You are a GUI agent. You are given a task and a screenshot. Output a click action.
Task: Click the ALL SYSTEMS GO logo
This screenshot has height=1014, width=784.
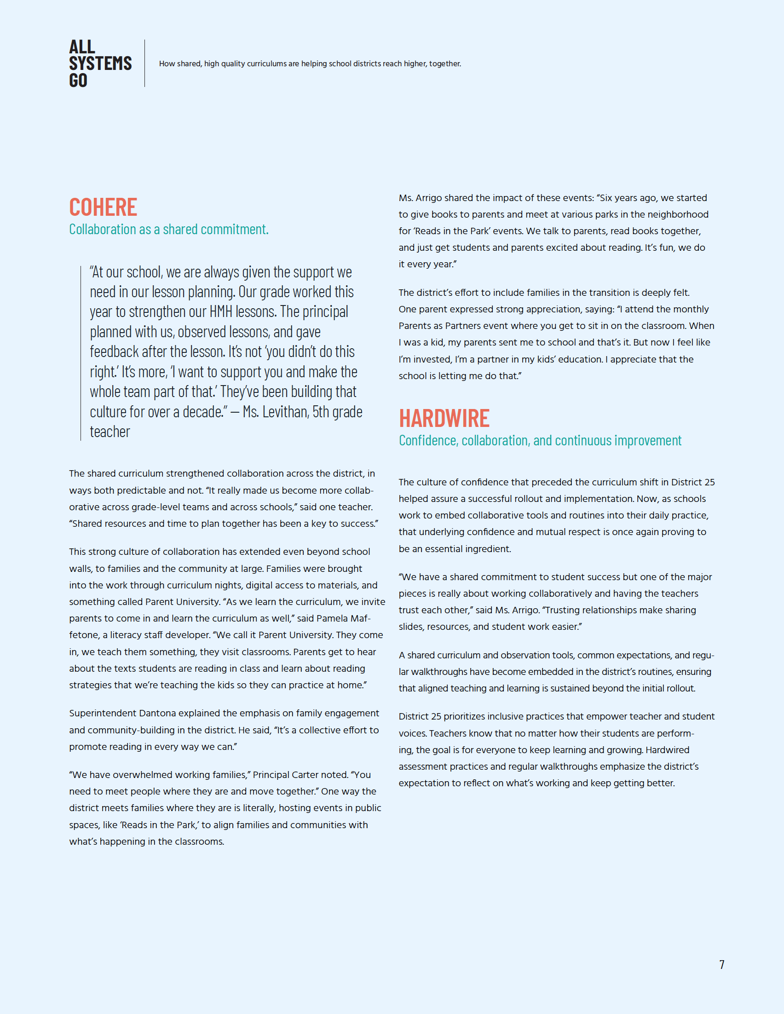tap(100, 63)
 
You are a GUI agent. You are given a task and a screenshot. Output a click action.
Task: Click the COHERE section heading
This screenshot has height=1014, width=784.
tap(103, 207)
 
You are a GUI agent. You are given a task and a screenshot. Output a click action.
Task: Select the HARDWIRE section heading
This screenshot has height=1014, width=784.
tap(444, 418)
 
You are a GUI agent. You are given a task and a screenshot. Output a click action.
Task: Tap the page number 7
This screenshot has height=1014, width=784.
tap(721, 964)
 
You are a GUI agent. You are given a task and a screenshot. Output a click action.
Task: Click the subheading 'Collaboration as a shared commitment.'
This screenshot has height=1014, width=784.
tap(168, 230)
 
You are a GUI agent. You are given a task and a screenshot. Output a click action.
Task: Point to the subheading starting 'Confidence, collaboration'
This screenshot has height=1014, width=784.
tap(540, 441)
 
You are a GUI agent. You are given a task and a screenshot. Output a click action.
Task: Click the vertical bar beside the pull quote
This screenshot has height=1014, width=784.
tap(81, 353)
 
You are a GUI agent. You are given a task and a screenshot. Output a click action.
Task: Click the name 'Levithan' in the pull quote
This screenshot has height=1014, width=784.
tap(285, 412)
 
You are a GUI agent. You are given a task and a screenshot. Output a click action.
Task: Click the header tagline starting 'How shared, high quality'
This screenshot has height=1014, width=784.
tap(310, 63)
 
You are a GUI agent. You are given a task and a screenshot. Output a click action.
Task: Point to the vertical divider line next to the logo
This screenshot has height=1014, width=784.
tap(145, 63)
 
